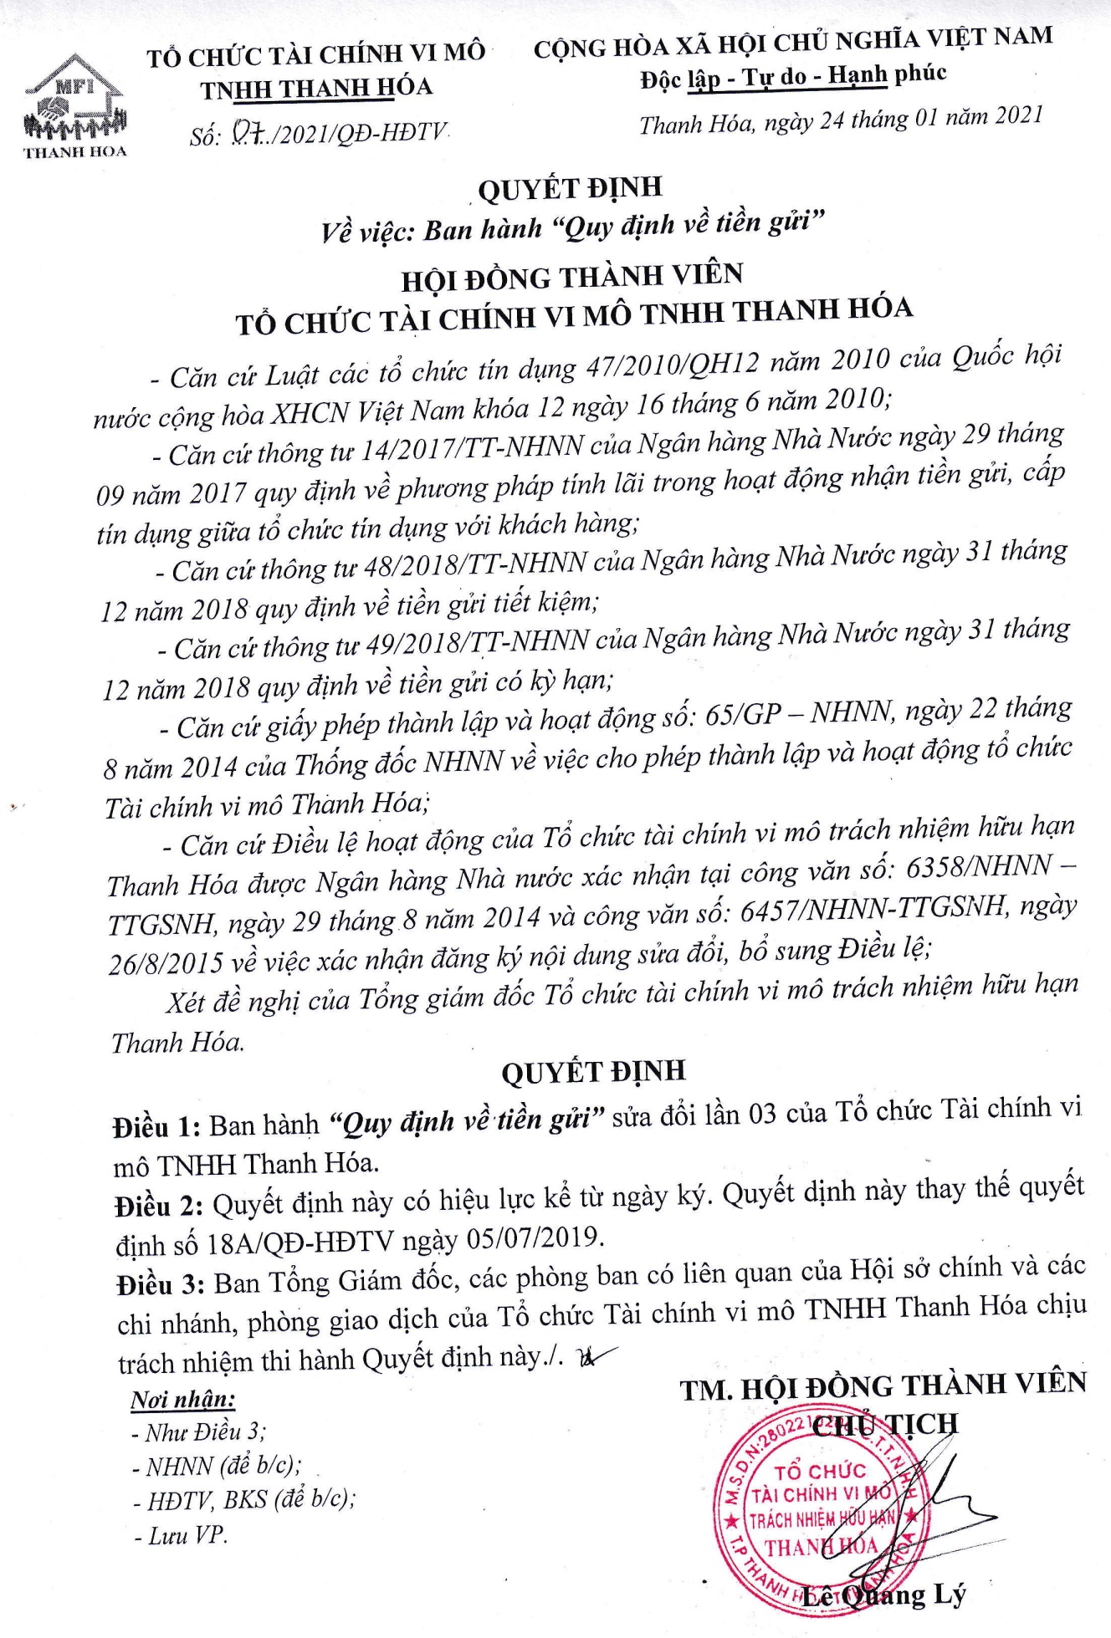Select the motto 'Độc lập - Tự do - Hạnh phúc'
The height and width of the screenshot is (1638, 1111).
tap(793, 77)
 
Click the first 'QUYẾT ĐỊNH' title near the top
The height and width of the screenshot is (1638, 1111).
tap(570, 189)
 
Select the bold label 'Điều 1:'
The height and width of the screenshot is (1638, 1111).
tap(156, 1127)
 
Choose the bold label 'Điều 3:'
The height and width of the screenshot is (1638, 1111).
tap(161, 1284)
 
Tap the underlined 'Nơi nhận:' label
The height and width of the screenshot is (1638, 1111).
tap(182, 1399)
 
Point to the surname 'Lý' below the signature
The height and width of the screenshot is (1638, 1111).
tap(949, 1595)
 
